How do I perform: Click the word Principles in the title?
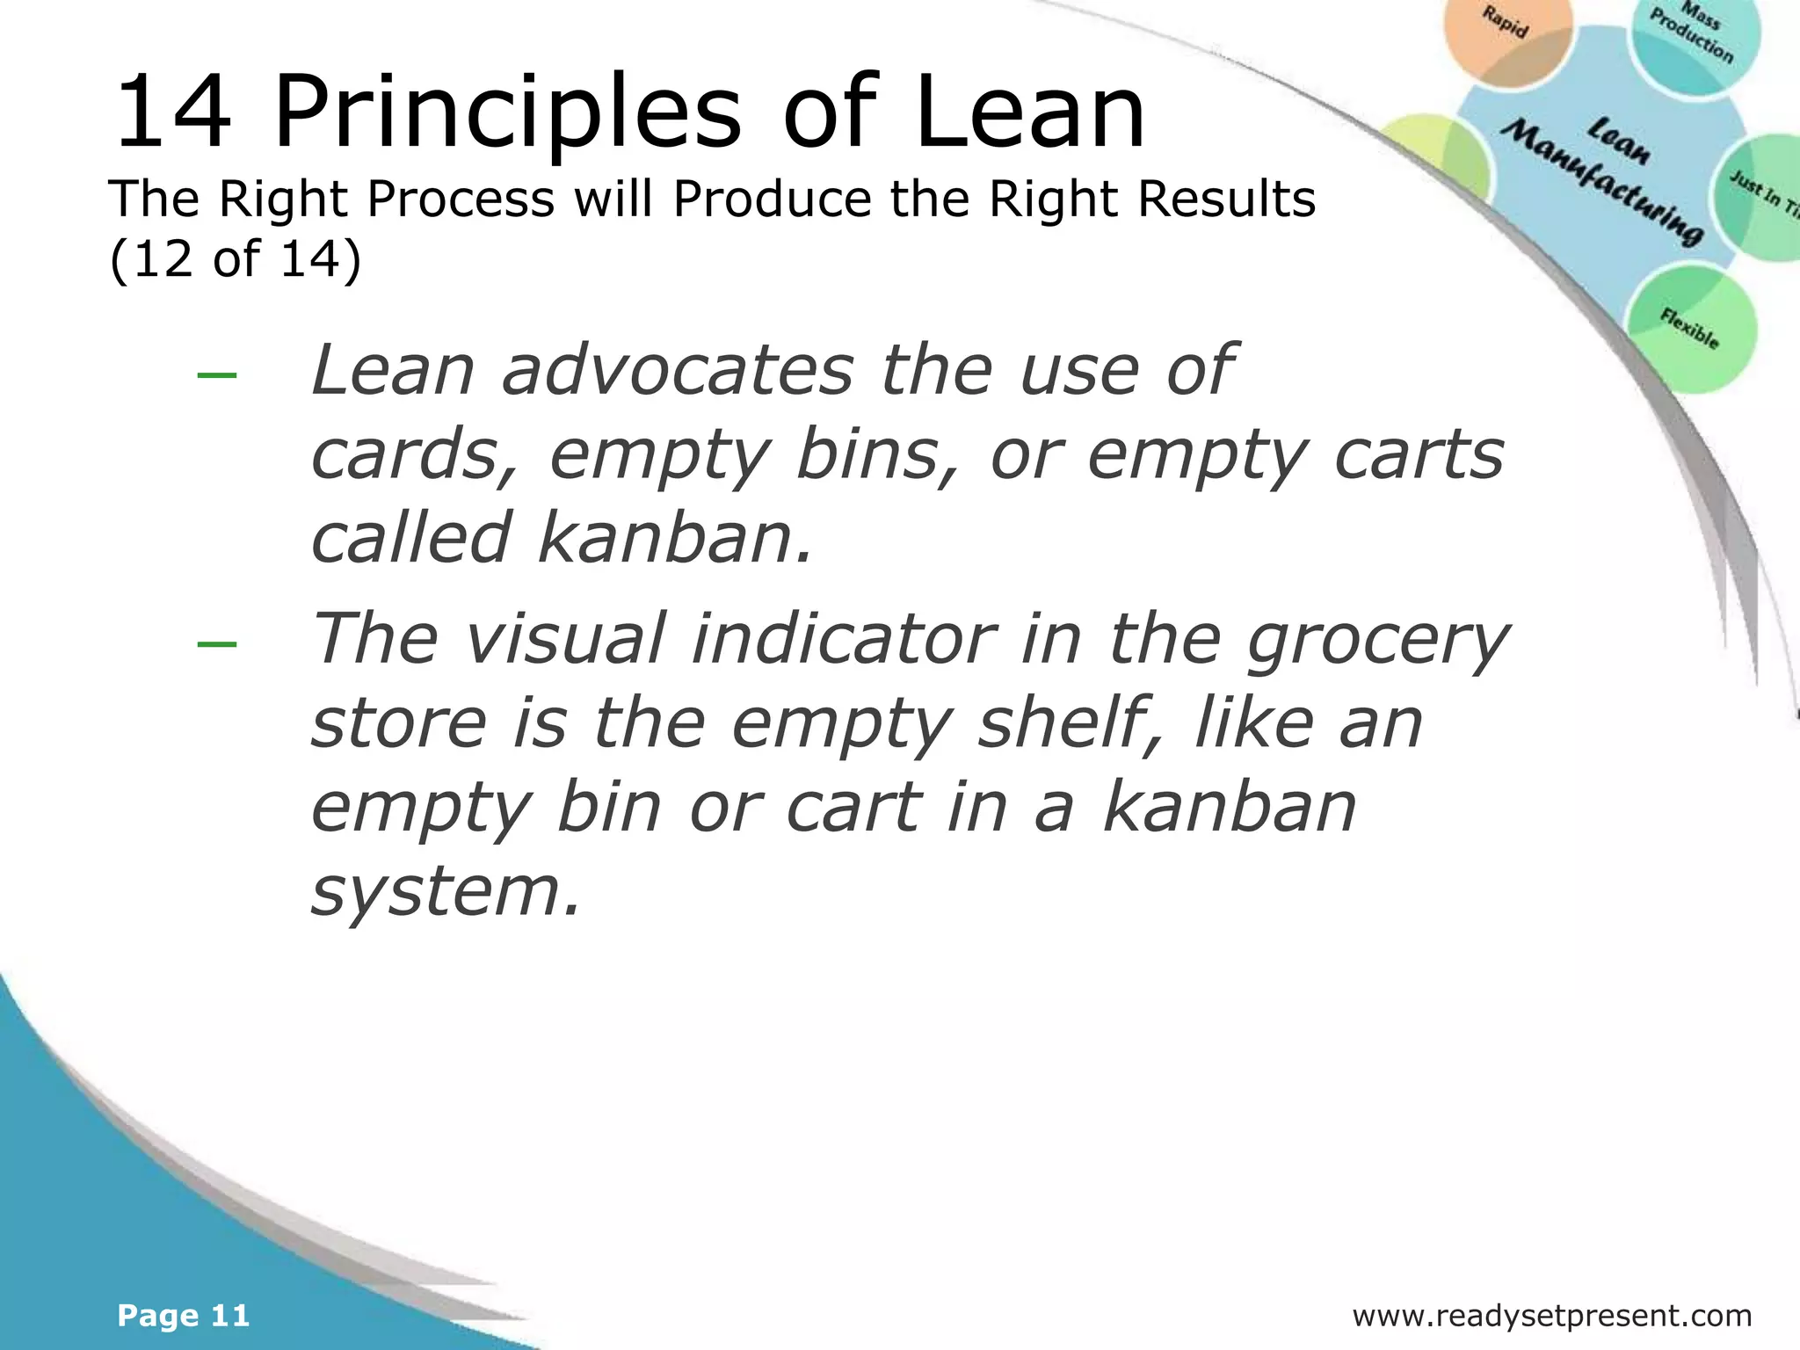[x=508, y=114]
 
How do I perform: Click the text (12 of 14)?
[x=235, y=259]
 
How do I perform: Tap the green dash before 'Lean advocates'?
[x=217, y=375]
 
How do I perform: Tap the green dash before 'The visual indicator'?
[x=217, y=643]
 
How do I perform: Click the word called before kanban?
[x=410, y=538]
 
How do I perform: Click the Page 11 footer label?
[x=184, y=1316]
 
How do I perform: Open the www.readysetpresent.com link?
[x=1551, y=1316]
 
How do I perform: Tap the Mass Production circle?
[x=1695, y=40]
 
